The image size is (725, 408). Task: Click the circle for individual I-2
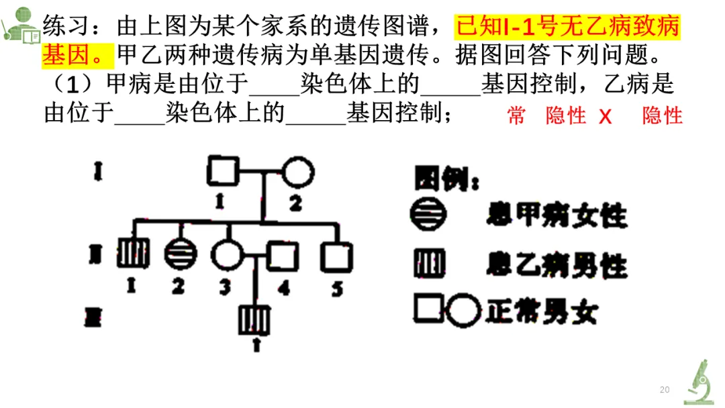(297, 172)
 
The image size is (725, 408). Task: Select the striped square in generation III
(254, 319)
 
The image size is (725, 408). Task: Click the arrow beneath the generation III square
(255, 344)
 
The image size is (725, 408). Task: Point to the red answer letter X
(606, 116)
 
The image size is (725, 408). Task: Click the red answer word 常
(516, 115)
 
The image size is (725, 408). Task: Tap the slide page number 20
(665, 389)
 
